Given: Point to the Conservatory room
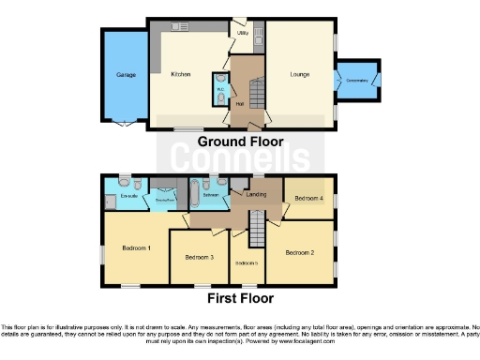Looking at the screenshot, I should [x=357, y=81].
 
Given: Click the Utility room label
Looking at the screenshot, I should [x=242, y=34].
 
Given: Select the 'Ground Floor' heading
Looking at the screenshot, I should [x=240, y=142].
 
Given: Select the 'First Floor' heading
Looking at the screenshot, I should [x=240, y=299].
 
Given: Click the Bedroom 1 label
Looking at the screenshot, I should [x=136, y=247].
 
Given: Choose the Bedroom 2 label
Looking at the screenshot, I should [x=299, y=252].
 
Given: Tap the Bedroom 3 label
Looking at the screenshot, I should [x=199, y=257].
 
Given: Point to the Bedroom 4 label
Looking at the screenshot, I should [x=307, y=199].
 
